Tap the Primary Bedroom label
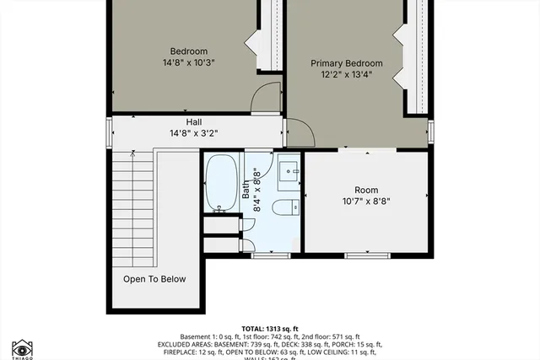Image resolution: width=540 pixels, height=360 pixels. point(346,63)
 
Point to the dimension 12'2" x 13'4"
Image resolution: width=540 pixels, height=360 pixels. point(346,75)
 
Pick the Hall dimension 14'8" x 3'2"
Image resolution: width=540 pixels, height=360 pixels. point(193,133)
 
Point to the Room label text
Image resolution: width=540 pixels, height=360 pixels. point(366,191)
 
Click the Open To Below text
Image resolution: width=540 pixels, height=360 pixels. point(154,279)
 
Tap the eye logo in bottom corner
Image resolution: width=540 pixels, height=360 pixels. point(23,348)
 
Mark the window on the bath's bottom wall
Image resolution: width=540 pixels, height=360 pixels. point(277,255)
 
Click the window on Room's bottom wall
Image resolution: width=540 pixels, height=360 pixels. point(367,254)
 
